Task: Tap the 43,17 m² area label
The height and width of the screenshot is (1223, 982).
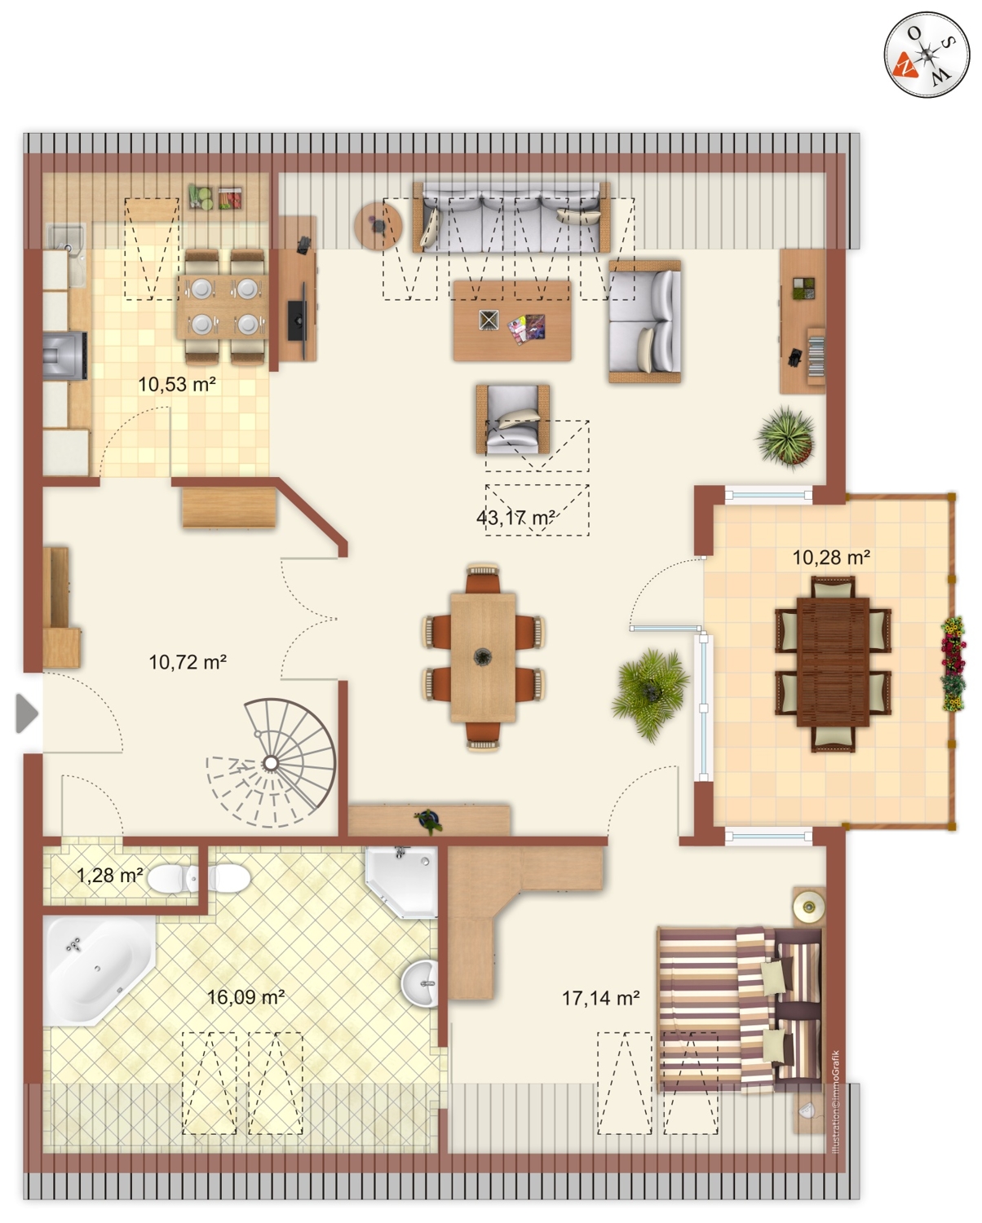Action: click(515, 519)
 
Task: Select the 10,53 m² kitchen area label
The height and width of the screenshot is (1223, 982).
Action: click(177, 385)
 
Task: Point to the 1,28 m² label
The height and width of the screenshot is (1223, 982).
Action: click(110, 875)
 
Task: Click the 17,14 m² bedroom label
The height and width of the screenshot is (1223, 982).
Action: click(601, 997)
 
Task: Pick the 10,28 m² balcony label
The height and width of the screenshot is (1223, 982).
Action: click(831, 557)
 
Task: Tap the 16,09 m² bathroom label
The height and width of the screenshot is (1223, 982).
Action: click(245, 997)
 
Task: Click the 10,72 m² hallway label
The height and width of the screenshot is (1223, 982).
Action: click(188, 662)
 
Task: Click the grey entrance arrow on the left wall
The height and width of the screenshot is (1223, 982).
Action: click(27, 713)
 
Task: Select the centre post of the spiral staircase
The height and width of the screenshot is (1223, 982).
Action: click(272, 762)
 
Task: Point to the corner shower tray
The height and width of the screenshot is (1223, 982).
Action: click(401, 882)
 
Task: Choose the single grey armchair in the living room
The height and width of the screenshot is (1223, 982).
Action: click(513, 419)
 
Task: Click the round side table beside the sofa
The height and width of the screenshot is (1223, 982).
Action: click(378, 226)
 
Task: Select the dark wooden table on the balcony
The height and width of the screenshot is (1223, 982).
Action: click(833, 661)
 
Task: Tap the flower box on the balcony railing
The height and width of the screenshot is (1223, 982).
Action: click(953, 664)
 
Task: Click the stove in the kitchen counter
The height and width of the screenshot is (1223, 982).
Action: click(65, 355)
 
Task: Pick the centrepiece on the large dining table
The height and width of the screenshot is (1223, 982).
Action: click(482, 657)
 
